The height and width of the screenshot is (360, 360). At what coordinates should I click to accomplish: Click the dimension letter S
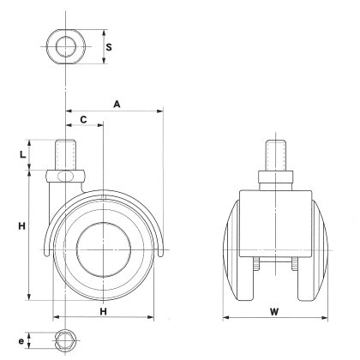tap(109, 47)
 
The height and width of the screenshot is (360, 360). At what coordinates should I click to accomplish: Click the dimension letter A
tap(117, 105)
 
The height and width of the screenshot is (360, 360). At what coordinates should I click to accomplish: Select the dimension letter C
tap(83, 120)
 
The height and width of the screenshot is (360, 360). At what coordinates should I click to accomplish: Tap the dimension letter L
tap(23, 155)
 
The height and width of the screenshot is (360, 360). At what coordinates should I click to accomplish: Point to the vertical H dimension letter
tap(22, 226)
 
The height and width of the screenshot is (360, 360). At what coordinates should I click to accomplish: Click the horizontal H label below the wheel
tap(103, 311)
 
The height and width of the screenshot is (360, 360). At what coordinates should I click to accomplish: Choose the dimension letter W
tap(274, 312)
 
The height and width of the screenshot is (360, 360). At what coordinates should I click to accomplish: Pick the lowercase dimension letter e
tap(21, 341)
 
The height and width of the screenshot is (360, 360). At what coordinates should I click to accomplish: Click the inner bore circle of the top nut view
tap(66, 46)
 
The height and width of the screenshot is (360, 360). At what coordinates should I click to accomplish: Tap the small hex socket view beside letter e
tap(65, 340)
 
